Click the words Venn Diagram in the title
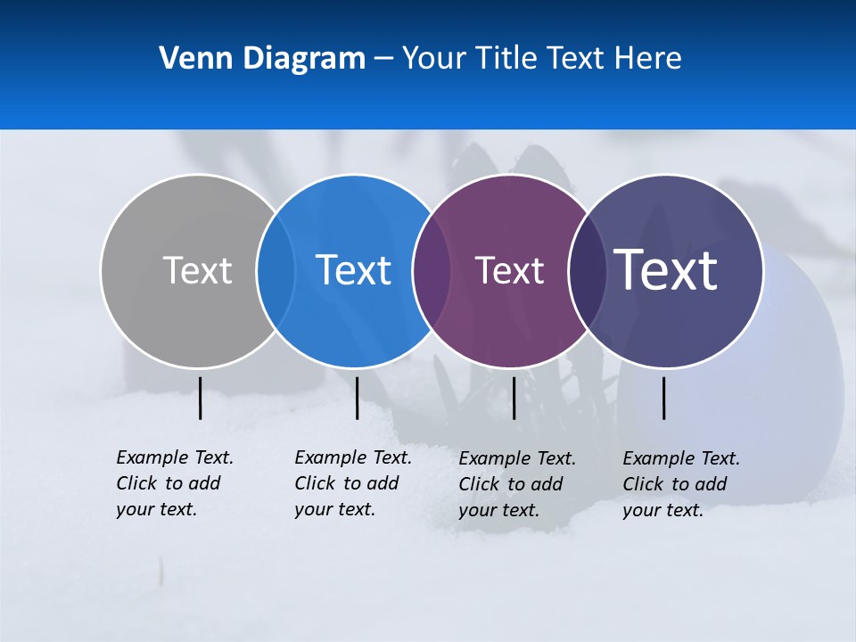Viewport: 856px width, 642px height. pos(262,59)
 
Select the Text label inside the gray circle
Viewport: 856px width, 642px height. pos(197,270)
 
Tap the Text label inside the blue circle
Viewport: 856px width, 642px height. pos(354,270)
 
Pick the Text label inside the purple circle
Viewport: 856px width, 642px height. pos(509,271)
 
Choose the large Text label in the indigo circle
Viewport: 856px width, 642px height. pos(666,270)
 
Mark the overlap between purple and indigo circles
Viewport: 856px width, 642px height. pos(587,271)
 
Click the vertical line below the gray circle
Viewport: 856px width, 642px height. pos(200,398)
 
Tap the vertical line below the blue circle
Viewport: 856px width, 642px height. pos(357,398)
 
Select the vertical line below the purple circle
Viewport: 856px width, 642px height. pos(514,398)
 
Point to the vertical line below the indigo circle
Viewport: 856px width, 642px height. pos(663,398)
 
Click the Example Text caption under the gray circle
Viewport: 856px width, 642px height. pos(175,483)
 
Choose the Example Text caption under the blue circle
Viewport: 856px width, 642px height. pos(353,483)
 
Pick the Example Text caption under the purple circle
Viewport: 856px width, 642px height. pos(517,484)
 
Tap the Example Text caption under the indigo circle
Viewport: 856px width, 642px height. pos(681,484)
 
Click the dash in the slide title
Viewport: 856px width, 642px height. pos(383,60)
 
